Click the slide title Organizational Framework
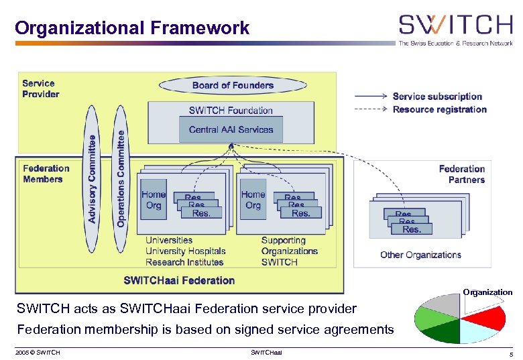tap(132, 28)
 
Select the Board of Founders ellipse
tap(233, 86)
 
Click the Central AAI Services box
tap(231, 129)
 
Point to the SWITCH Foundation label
tap(231, 111)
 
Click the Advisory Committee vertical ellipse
tap(92, 178)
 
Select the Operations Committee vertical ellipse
tap(120, 178)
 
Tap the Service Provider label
tap(40, 88)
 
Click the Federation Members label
tap(46, 174)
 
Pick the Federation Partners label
tap(461, 174)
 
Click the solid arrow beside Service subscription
tap(370, 96)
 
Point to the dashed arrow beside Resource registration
tap(370, 109)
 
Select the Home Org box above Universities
tap(154, 200)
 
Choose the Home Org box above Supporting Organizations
tap(253, 200)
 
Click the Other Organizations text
tap(420, 255)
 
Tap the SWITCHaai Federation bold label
tap(179, 280)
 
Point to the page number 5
tap(511, 353)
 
